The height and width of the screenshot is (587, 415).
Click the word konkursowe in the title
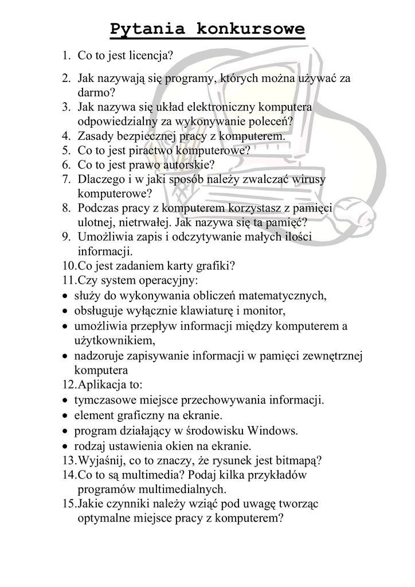click(250, 29)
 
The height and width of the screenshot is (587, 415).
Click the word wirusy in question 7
click(308, 180)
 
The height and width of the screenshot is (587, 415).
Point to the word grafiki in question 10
click(216, 266)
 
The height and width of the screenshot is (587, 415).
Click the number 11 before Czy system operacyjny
click(69, 280)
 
